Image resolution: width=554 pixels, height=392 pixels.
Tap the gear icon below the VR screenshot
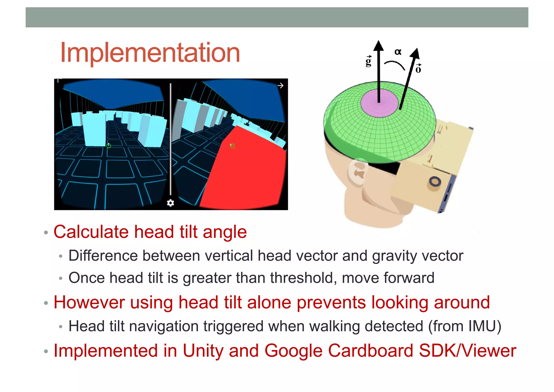click(170, 203)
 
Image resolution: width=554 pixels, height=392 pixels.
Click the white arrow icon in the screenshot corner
click(281, 86)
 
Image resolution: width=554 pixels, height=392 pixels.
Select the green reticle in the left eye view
click(109, 146)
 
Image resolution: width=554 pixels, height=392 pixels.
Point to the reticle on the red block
click(232, 146)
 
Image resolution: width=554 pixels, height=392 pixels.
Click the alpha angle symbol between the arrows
click(398, 52)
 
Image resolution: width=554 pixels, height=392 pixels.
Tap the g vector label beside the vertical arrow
click(368, 62)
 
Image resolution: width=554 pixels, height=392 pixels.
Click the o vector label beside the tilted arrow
click(418, 69)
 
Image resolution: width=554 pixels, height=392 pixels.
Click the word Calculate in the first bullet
click(91, 232)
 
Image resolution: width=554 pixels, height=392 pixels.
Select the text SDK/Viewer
click(467, 351)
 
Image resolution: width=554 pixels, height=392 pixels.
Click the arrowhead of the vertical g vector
click(378, 46)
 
